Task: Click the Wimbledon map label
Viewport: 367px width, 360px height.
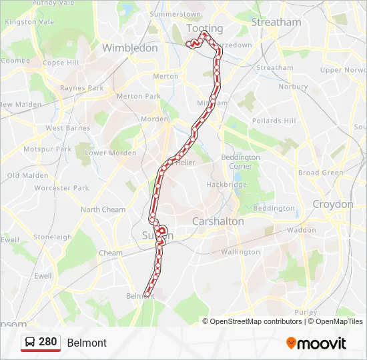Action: [129, 48]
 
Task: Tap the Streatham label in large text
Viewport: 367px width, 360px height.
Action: [276, 22]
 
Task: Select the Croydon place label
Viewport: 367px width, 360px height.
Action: [332, 204]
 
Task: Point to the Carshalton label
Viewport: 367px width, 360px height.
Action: [218, 221]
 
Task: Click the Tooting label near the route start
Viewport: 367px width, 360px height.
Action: [204, 28]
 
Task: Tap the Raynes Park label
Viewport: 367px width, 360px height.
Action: [81, 88]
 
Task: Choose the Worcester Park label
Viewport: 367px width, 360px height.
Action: [61, 188]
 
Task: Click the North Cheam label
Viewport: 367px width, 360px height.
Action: [103, 209]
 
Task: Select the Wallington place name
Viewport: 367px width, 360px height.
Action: [240, 252]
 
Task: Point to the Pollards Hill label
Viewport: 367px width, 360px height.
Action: [274, 121]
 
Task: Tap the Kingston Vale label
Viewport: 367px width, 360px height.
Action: [29, 21]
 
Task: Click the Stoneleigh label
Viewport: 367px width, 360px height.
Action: [52, 237]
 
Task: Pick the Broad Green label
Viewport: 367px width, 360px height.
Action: [320, 173]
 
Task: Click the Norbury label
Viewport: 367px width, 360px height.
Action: [293, 87]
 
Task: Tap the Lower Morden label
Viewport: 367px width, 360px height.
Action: [111, 153]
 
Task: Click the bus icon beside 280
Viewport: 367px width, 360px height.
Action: [30, 342]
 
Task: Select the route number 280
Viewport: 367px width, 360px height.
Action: [47, 342]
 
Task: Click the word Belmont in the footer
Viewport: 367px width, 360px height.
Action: [87, 343]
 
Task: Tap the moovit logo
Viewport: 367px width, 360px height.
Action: [316, 343]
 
